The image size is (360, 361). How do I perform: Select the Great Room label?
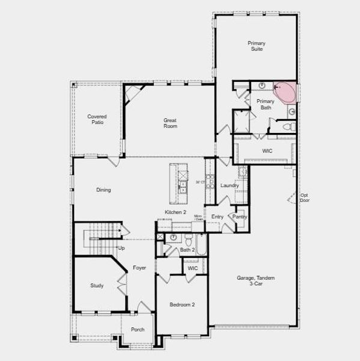tap(170, 123)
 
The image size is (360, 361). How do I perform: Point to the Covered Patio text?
tap(97, 119)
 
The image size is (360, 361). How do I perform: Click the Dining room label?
tap(103, 190)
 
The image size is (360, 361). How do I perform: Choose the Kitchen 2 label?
tap(176, 212)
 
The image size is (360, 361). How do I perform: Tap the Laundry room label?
tap(230, 185)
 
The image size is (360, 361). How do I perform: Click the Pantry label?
tap(240, 217)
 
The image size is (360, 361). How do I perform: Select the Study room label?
tap(97, 285)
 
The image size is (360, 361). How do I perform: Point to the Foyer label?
tap(139, 267)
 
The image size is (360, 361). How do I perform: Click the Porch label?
tap(138, 329)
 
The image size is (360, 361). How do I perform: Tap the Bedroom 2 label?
tap(182, 304)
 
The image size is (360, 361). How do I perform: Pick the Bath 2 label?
tap(188, 250)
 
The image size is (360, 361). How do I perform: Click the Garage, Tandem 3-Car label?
tap(255, 281)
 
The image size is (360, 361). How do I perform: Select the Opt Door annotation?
tap(305, 197)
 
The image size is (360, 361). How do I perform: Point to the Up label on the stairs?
tap(121, 247)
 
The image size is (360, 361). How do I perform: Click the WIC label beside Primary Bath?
tap(267, 150)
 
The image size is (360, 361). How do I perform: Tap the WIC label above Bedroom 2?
tap(192, 268)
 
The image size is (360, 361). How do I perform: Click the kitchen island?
tap(178, 183)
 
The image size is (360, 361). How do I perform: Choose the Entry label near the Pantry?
tap(218, 217)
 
